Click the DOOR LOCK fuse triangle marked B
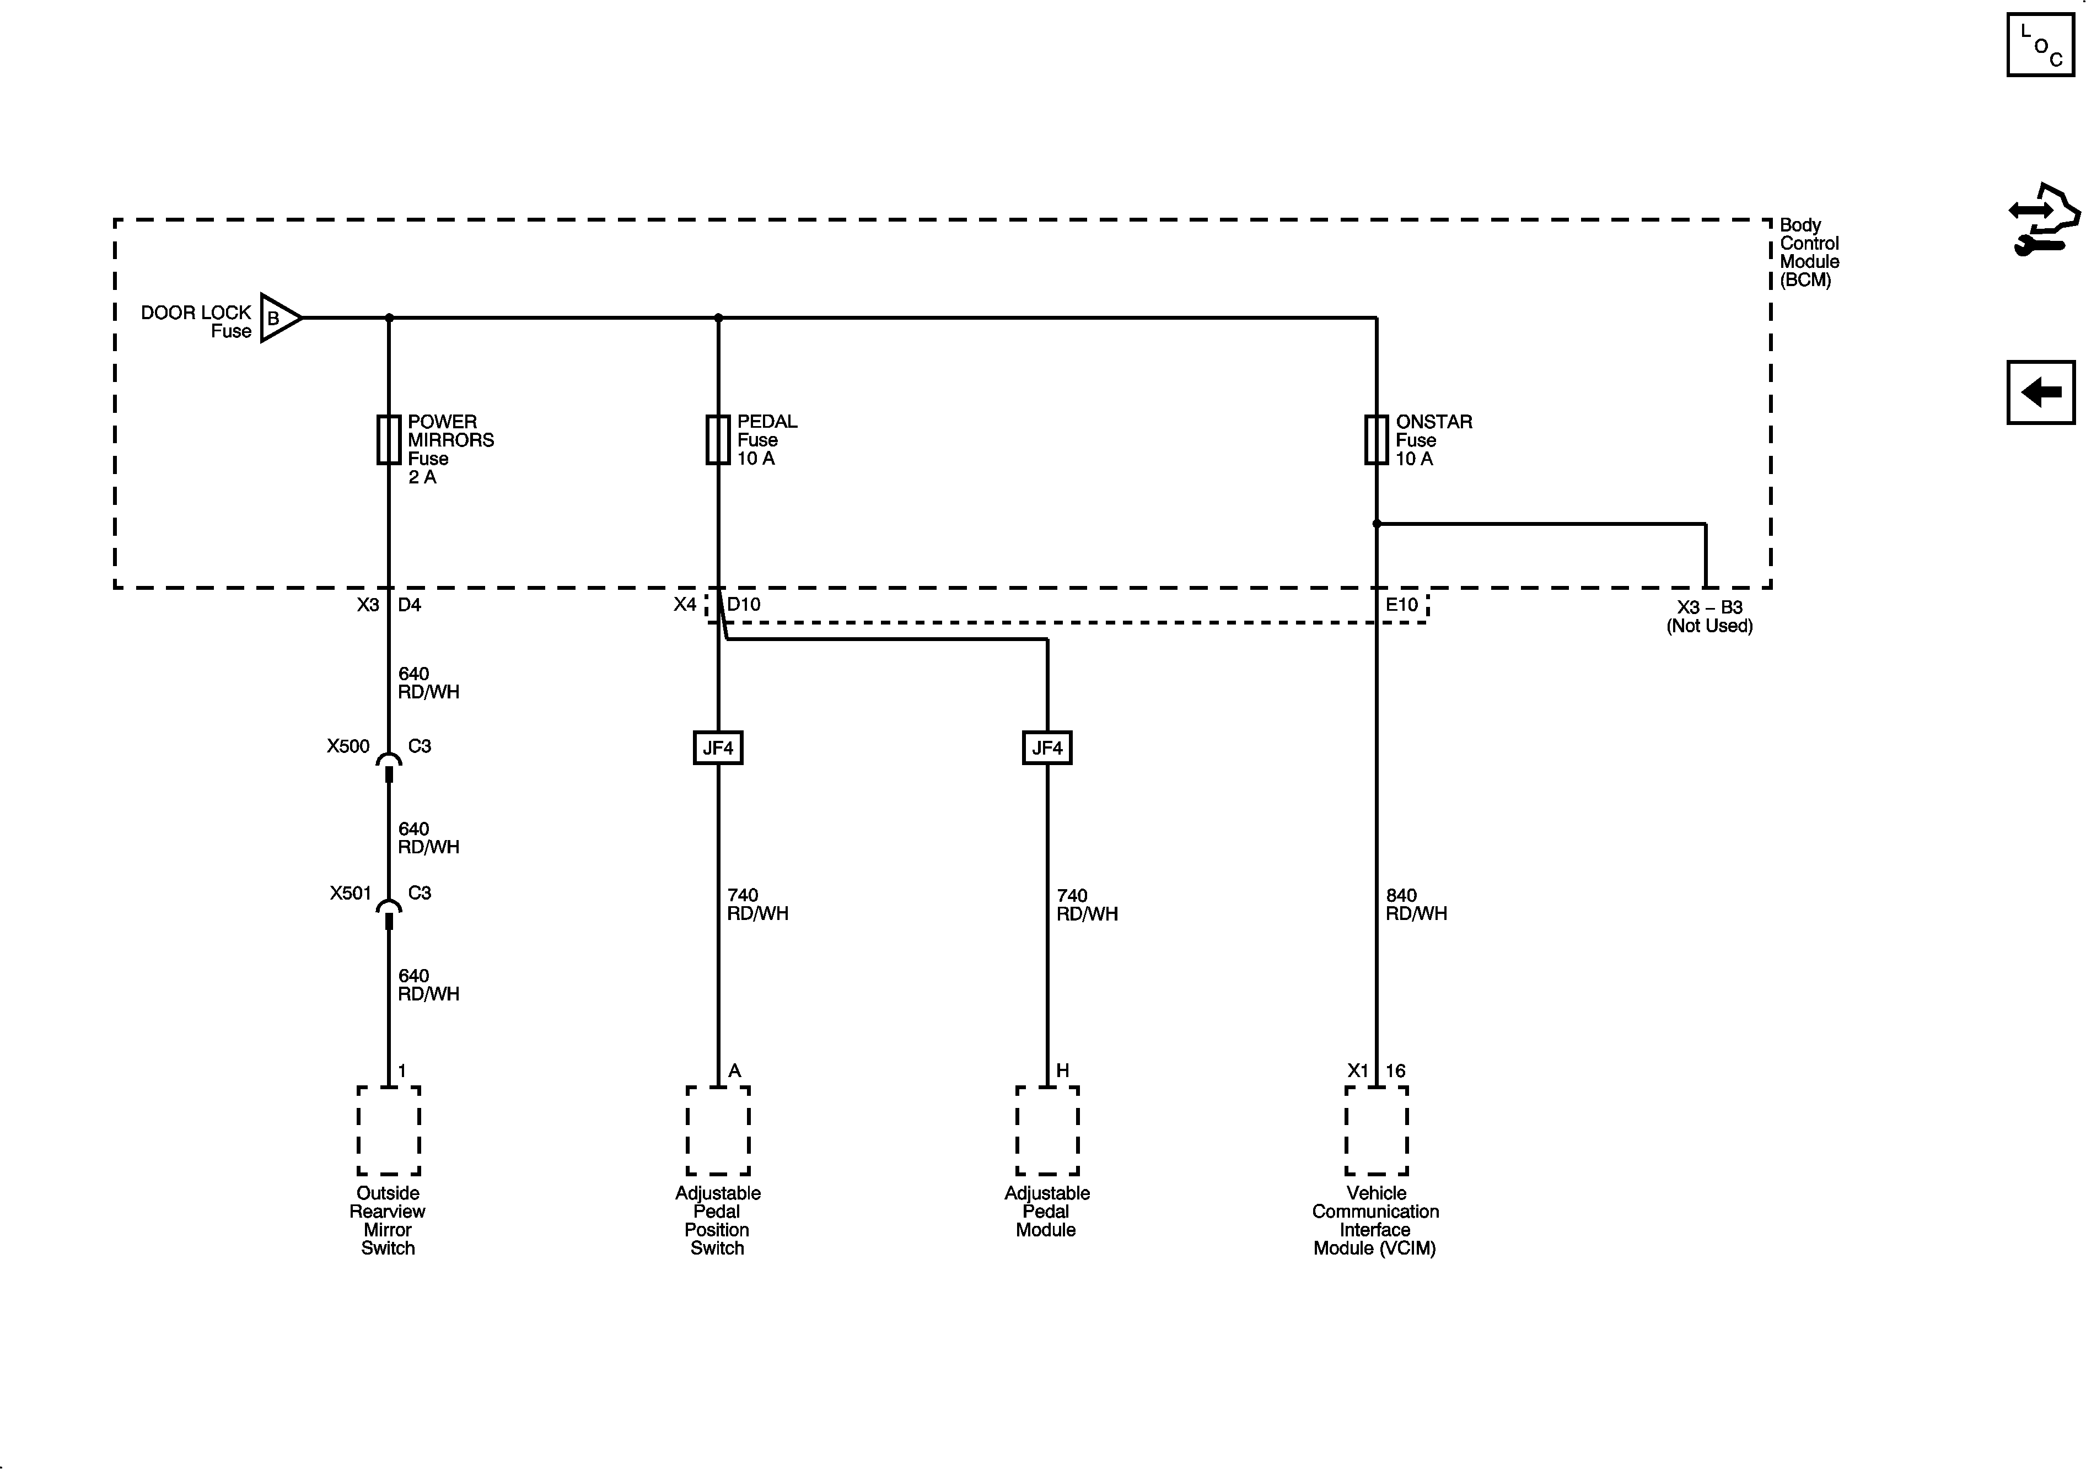click(x=278, y=318)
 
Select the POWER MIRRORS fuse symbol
click(x=389, y=440)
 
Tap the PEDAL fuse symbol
click(x=718, y=440)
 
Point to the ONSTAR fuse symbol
click(x=1377, y=440)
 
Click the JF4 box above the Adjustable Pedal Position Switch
click(x=718, y=747)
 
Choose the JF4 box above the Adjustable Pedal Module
click(x=1047, y=747)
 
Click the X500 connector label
click(x=348, y=746)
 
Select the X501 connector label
click(x=350, y=893)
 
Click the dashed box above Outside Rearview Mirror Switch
click(x=389, y=1131)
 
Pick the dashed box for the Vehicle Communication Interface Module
click(x=1377, y=1131)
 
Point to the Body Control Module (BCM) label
click(x=1808, y=252)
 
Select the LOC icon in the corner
click(x=2041, y=45)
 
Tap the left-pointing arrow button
click(x=2041, y=392)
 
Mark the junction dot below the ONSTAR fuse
click(x=1377, y=524)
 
